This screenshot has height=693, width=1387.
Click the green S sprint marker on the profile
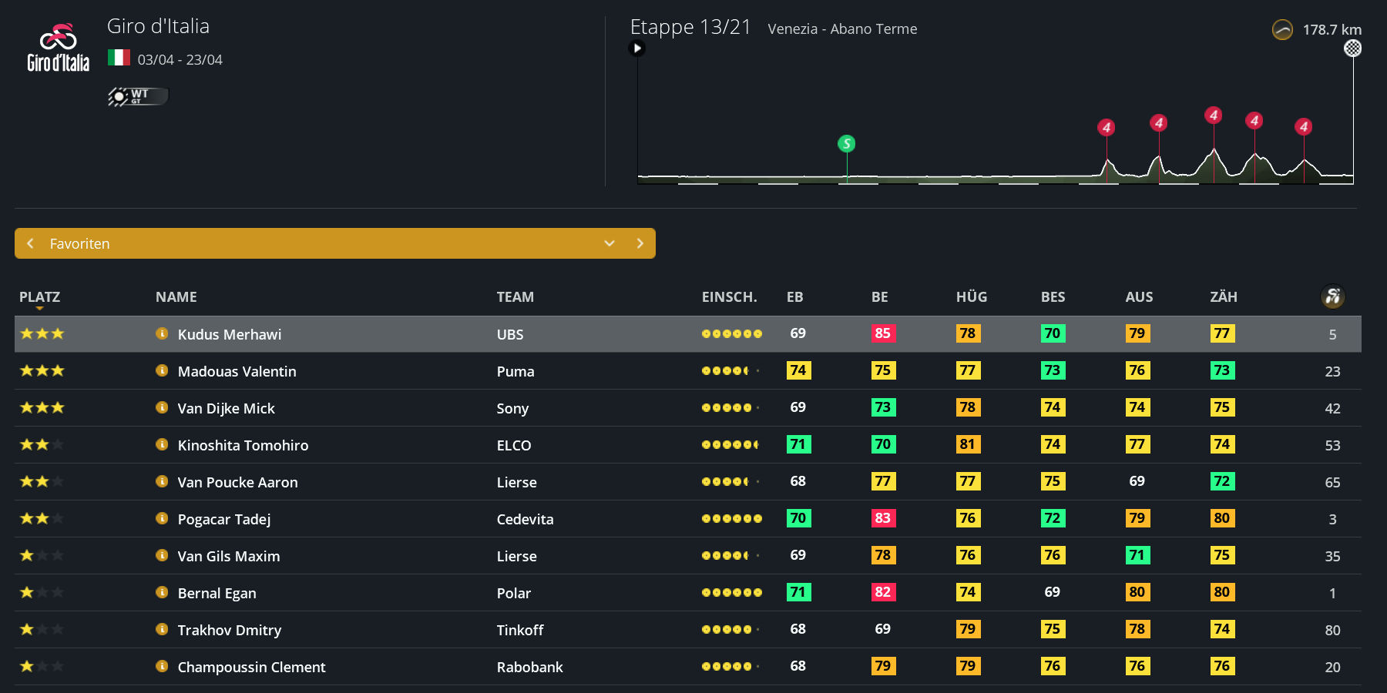tap(846, 143)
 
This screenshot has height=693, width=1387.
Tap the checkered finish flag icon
tap(1352, 49)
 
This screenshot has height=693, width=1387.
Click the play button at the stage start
tap(637, 49)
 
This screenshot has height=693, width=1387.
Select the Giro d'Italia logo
tap(59, 48)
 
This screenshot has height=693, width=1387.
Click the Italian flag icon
tap(119, 58)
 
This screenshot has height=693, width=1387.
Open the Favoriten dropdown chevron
tap(610, 243)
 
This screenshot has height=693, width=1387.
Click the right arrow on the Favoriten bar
tap(640, 243)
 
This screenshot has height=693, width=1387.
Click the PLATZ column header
tap(39, 297)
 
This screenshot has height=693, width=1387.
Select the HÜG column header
tap(971, 297)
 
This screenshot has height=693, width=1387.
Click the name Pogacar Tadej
tap(223, 519)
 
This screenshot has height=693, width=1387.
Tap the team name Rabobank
tap(529, 667)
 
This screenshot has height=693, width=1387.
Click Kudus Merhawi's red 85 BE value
tap(883, 333)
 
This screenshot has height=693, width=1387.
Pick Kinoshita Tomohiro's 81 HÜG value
tap(968, 444)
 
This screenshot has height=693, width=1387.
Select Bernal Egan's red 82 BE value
tap(883, 592)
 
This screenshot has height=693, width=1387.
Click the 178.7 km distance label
tap(1332, 30)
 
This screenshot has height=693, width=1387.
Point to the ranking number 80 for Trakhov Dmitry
tap(1332, 630)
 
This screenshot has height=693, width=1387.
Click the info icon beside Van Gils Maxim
tap(162, 555)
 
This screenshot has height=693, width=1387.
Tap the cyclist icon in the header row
tap(1332, 296)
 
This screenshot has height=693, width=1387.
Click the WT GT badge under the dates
tap(138, 96)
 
